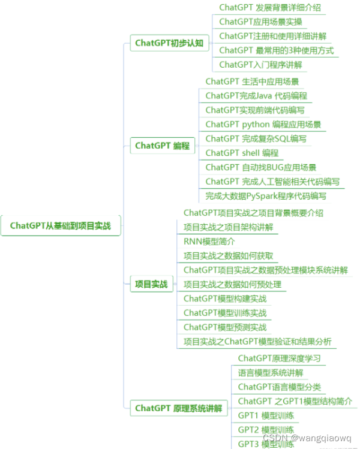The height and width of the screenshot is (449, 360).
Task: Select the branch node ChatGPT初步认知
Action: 169,43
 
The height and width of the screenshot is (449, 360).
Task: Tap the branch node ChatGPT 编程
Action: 162,146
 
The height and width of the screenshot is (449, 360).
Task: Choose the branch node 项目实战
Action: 151,284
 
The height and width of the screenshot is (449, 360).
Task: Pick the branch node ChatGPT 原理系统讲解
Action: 178,409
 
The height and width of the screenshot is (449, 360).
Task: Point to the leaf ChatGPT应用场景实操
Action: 260,22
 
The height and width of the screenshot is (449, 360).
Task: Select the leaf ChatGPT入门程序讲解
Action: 260,65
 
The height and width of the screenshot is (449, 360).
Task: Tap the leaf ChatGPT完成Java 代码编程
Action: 256,96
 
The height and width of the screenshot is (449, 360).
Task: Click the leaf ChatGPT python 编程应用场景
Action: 263,125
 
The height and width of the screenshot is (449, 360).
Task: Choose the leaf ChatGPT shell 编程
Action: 242,153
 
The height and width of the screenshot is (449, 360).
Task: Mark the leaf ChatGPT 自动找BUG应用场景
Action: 260,167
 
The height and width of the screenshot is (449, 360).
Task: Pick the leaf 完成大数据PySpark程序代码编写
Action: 266,196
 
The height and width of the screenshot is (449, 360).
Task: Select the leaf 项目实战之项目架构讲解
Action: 228,227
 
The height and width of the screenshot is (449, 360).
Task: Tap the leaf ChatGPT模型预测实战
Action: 225,327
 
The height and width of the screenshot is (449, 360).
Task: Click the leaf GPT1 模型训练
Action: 266,415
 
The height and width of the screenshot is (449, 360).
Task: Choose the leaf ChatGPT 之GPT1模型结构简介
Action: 295,401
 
